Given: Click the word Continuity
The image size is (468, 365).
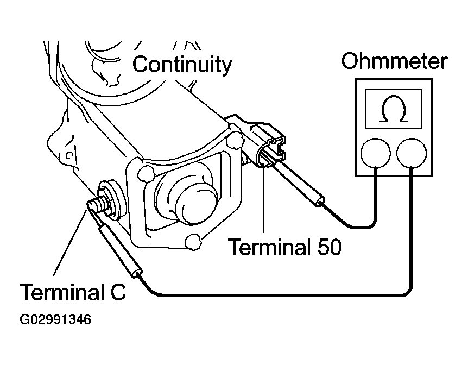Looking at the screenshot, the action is pos(182,65).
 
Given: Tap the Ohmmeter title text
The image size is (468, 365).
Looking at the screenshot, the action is pos(394,61).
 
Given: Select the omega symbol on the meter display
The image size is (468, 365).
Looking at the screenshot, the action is pos(394,109).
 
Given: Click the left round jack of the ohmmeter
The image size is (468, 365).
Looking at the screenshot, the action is pos(376,153).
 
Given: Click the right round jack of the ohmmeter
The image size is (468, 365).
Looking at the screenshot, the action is pos(412,153).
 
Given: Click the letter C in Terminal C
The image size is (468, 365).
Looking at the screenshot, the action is pos(118,292).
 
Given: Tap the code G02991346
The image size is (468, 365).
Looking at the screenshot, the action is pos(55,319).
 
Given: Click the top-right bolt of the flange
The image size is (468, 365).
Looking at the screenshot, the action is pos(235,140).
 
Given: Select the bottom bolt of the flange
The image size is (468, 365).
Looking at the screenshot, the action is pos(193,241).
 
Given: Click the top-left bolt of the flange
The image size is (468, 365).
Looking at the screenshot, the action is pos(146,173).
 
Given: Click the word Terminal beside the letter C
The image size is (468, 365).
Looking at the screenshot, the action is pos(62,292).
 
